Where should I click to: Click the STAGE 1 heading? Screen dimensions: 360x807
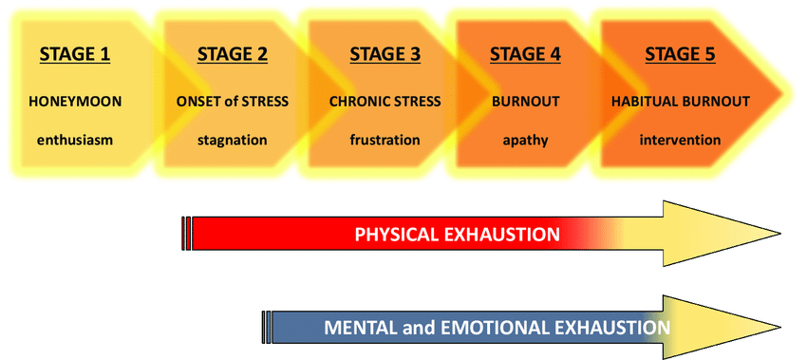click(75, 53)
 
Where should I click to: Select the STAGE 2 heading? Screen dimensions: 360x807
click(232, 53)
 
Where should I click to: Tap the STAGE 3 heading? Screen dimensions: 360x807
click(385, 53)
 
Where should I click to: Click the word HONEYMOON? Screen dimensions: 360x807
click(75, 100)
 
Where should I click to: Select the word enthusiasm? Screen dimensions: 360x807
click(75, 140)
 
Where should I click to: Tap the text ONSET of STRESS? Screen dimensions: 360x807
click(233, 100)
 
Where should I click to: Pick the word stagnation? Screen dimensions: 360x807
click(233, 140)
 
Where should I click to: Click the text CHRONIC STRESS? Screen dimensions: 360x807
click(385, 100)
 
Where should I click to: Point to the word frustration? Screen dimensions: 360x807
click(385, 140)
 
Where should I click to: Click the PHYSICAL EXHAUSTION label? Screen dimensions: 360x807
click(457, 234)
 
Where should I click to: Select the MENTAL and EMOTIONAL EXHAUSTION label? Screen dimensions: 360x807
click(497, 328)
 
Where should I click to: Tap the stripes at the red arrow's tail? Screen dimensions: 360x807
click(186, 234)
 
